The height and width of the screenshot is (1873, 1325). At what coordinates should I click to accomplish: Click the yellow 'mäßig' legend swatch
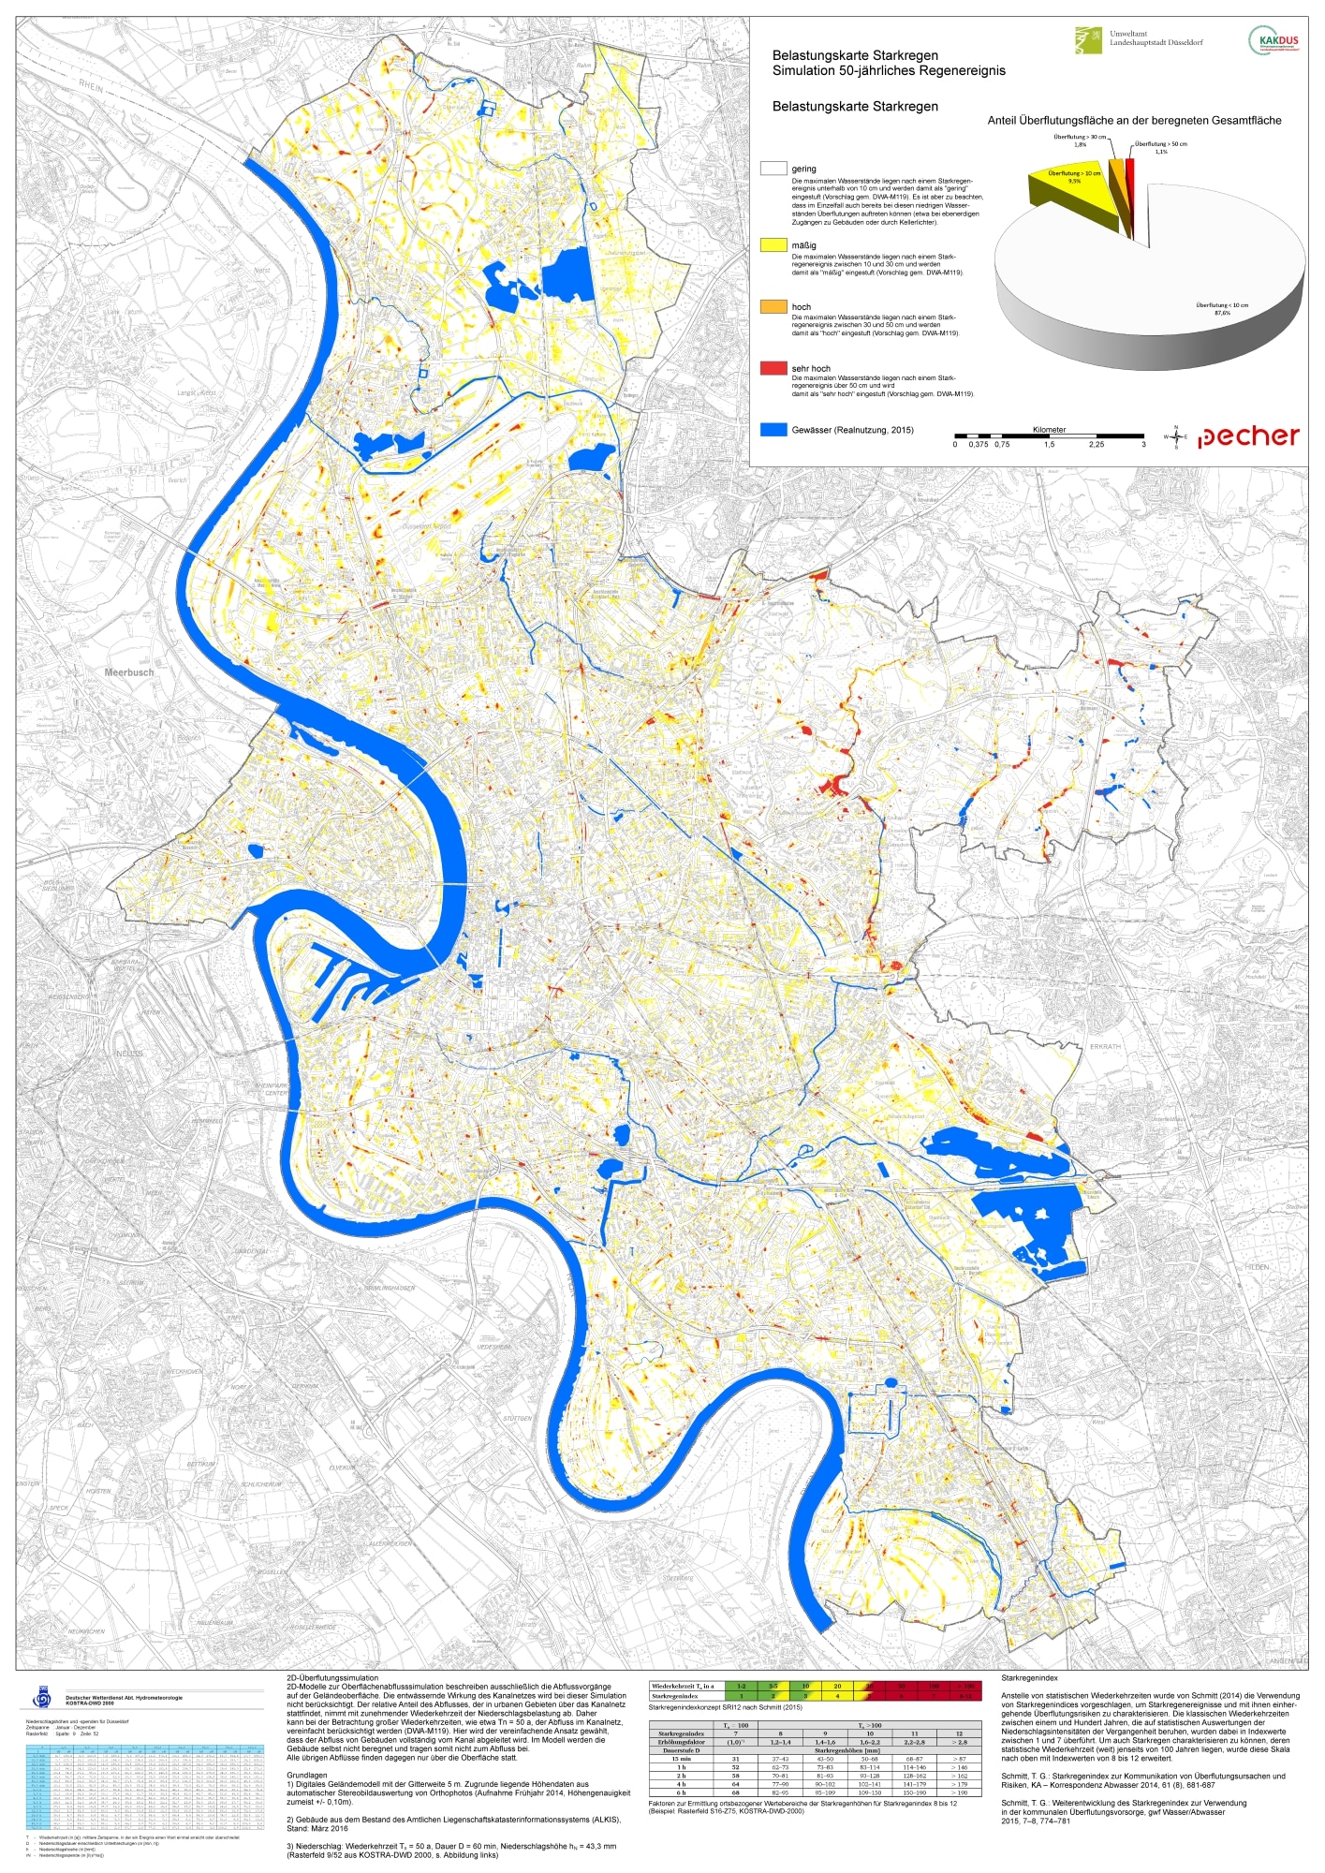click(x=773, y=245)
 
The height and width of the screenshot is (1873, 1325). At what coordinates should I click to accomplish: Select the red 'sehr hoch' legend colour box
click(x=773, y=368)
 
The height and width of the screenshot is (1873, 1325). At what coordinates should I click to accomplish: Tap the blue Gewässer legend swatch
click(x=773, y=430)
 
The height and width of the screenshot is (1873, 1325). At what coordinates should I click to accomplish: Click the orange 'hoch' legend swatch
click(x=773, y=306)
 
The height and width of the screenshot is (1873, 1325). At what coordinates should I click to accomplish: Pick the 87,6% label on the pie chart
click(x=1222, y=313)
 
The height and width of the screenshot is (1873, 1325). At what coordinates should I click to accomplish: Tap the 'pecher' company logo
click(x=1248, y=436)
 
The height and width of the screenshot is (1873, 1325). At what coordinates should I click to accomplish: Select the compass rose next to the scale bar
click(x=1176, y=436)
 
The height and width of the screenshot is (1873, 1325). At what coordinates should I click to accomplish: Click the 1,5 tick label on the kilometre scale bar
click(x=1049, y=445)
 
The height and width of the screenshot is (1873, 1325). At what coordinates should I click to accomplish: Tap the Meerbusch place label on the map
click(x=129, y=672)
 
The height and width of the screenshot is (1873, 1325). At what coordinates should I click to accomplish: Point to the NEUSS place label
click(x=128, y=1054)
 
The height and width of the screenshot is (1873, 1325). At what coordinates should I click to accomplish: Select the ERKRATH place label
click(x=1105, y=1046)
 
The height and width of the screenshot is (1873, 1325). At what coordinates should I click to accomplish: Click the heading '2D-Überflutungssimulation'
click(x=332, y=1678)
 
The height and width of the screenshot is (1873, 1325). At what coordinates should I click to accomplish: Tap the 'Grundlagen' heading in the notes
click(x=307, y=1775)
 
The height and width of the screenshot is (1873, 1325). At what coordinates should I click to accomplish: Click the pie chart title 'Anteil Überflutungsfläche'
click(x=1134, y=121)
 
